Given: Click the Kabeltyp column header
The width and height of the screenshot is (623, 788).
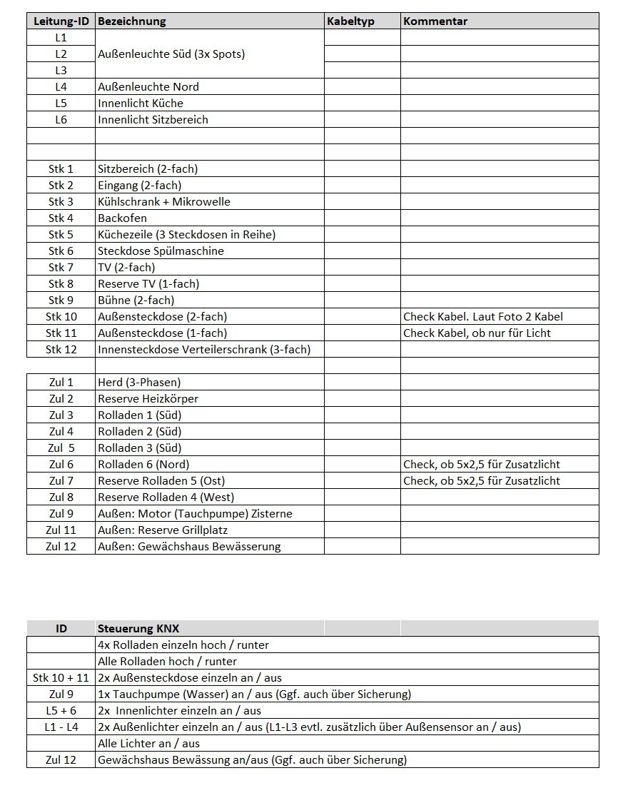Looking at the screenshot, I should pos(350,21).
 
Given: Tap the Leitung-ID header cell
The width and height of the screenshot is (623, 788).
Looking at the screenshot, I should pos(61,21).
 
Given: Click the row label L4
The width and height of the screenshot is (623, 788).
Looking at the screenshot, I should pos(61,87).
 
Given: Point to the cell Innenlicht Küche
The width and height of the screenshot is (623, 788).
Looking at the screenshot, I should pos(141,103).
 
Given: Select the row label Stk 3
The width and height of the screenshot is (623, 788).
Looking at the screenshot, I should pos(61,202).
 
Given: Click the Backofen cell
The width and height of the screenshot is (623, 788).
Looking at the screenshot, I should pos(122,218).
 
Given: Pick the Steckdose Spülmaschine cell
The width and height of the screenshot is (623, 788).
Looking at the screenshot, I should pos(161,251).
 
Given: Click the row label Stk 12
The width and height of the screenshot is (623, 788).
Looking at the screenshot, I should pos(61,350).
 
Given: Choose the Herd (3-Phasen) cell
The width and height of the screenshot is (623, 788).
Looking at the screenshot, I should pos(139,383).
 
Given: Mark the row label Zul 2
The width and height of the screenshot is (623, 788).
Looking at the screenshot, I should pos(61,399).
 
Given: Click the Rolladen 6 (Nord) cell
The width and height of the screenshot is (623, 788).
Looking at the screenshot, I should pos(145,465).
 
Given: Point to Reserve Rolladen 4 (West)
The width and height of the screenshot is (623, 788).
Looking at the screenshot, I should pos(166,497).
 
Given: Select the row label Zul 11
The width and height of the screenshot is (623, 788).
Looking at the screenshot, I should pos(61,530).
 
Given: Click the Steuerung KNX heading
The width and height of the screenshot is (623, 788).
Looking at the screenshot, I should pos(138,629).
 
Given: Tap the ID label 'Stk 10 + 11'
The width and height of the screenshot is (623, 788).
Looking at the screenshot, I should pos(61,678).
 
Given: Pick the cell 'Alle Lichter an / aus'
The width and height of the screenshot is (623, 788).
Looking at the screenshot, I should pos(148,744).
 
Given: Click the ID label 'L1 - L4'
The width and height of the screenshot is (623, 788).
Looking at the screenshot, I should pos(61,727).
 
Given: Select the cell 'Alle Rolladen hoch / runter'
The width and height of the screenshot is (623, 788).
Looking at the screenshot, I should pos(167,662).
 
